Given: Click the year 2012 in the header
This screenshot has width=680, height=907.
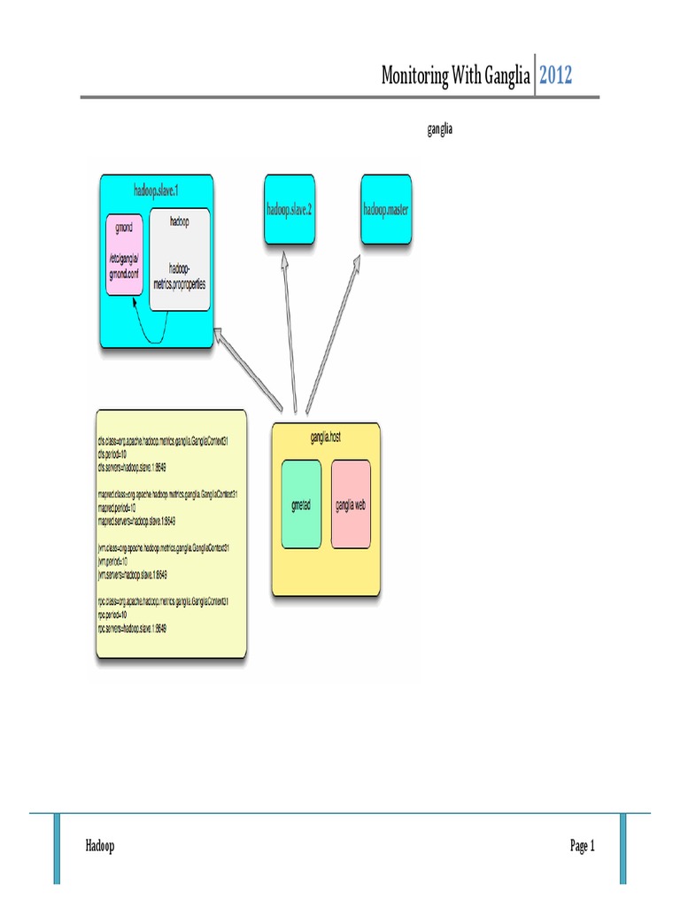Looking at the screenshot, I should click(x=556, y=75).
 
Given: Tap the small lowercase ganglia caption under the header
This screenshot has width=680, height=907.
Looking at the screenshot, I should click(x=440, y=129).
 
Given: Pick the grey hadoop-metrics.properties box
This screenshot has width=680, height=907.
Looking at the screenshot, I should click(x=180, y=260).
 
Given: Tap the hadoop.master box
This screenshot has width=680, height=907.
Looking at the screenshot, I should click(x=386, y=209).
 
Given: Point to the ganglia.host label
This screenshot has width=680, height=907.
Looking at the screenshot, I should click(x=326, y=436).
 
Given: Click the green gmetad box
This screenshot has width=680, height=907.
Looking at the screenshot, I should click(x=300, y=504).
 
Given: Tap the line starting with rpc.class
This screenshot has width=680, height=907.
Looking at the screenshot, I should click(x=164, y=601).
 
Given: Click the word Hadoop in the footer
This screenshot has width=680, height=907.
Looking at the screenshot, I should click(x=100, y=847).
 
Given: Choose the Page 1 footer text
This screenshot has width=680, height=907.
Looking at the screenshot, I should click(x=582, y=847).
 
